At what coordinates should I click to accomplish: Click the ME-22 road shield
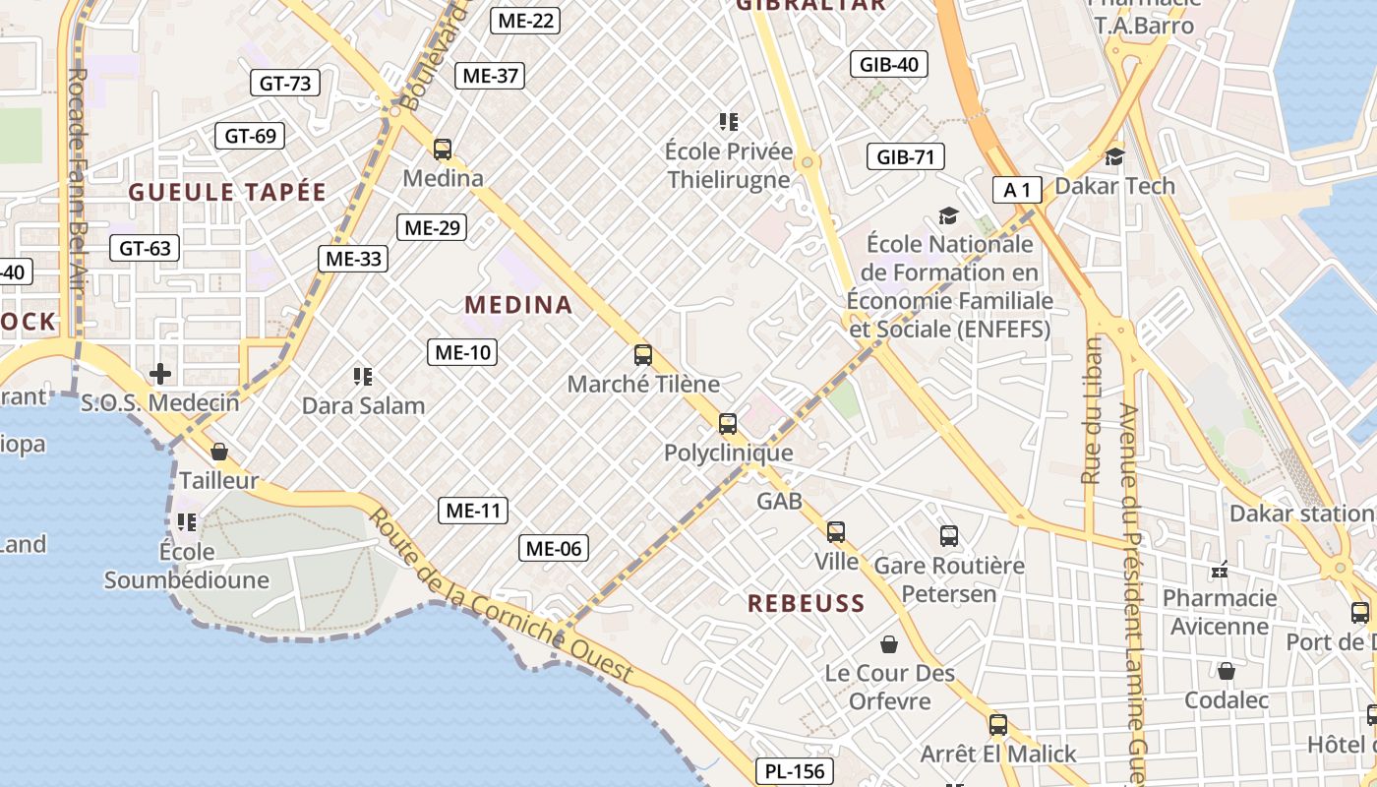526,20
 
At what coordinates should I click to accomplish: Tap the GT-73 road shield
285,84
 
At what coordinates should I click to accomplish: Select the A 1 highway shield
1016,190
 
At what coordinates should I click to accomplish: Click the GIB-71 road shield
905,156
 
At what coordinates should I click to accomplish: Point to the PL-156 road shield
795,771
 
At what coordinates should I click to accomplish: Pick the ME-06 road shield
554,548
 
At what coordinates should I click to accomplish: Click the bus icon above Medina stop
443,150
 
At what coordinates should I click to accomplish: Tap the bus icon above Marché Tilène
643,355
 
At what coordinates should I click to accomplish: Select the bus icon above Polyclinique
728,424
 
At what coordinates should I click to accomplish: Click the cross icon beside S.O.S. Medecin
159,374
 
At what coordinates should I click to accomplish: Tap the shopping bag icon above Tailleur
219,452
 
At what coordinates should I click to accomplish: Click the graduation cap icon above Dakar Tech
1114,156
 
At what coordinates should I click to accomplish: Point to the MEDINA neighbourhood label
518,305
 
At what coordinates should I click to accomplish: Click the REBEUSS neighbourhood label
806,603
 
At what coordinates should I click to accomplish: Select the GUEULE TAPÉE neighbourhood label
226,193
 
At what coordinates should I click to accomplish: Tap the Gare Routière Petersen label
949,579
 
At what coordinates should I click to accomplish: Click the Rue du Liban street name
1091,411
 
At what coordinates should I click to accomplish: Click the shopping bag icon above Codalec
1227,671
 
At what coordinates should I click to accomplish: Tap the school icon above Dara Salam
363,376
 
